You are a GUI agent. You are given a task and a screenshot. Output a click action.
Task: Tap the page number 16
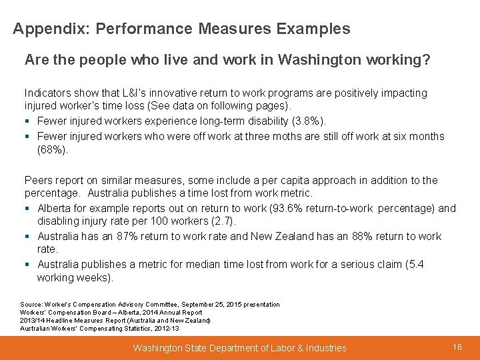(457, 347)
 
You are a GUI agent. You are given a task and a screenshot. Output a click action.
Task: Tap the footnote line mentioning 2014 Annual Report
(111, 313)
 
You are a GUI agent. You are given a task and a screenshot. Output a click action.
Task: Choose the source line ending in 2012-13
(99, 329)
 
